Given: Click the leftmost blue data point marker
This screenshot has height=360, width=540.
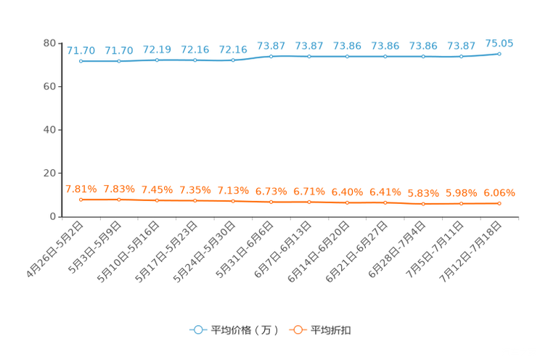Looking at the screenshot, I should click(81, 61).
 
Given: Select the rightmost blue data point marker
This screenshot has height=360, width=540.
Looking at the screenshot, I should click(499, 54).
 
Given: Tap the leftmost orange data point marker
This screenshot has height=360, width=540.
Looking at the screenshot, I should click(81, 199).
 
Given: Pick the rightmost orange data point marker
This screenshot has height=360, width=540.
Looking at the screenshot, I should click(499, 203).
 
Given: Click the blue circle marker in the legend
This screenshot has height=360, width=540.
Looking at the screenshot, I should click(197, 330).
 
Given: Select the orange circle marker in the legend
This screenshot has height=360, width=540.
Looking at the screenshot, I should click(297, 330).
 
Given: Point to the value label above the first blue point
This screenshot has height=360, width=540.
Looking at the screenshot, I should click(81, 50).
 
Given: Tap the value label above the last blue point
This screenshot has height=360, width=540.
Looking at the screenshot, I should click(499, 43).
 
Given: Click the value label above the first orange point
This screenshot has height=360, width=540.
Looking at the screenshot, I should click(81, 189).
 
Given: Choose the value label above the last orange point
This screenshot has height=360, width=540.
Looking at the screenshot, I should click(499, 193).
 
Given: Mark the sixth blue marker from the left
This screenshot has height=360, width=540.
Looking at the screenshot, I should click(271, 56).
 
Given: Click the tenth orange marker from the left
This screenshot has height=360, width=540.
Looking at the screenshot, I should click(423, 204).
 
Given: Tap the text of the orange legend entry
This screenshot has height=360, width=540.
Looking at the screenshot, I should click(330, 330).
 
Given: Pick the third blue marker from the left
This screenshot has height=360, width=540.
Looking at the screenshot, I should click(157, 60).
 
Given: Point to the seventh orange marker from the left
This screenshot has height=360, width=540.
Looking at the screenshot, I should click(309, 202).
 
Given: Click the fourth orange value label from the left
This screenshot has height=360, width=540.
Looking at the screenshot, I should click(195, 190).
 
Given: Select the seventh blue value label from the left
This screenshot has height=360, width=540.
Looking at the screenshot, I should click(309, 46).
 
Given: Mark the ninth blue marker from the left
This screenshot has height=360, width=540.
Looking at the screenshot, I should click(385, 56).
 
